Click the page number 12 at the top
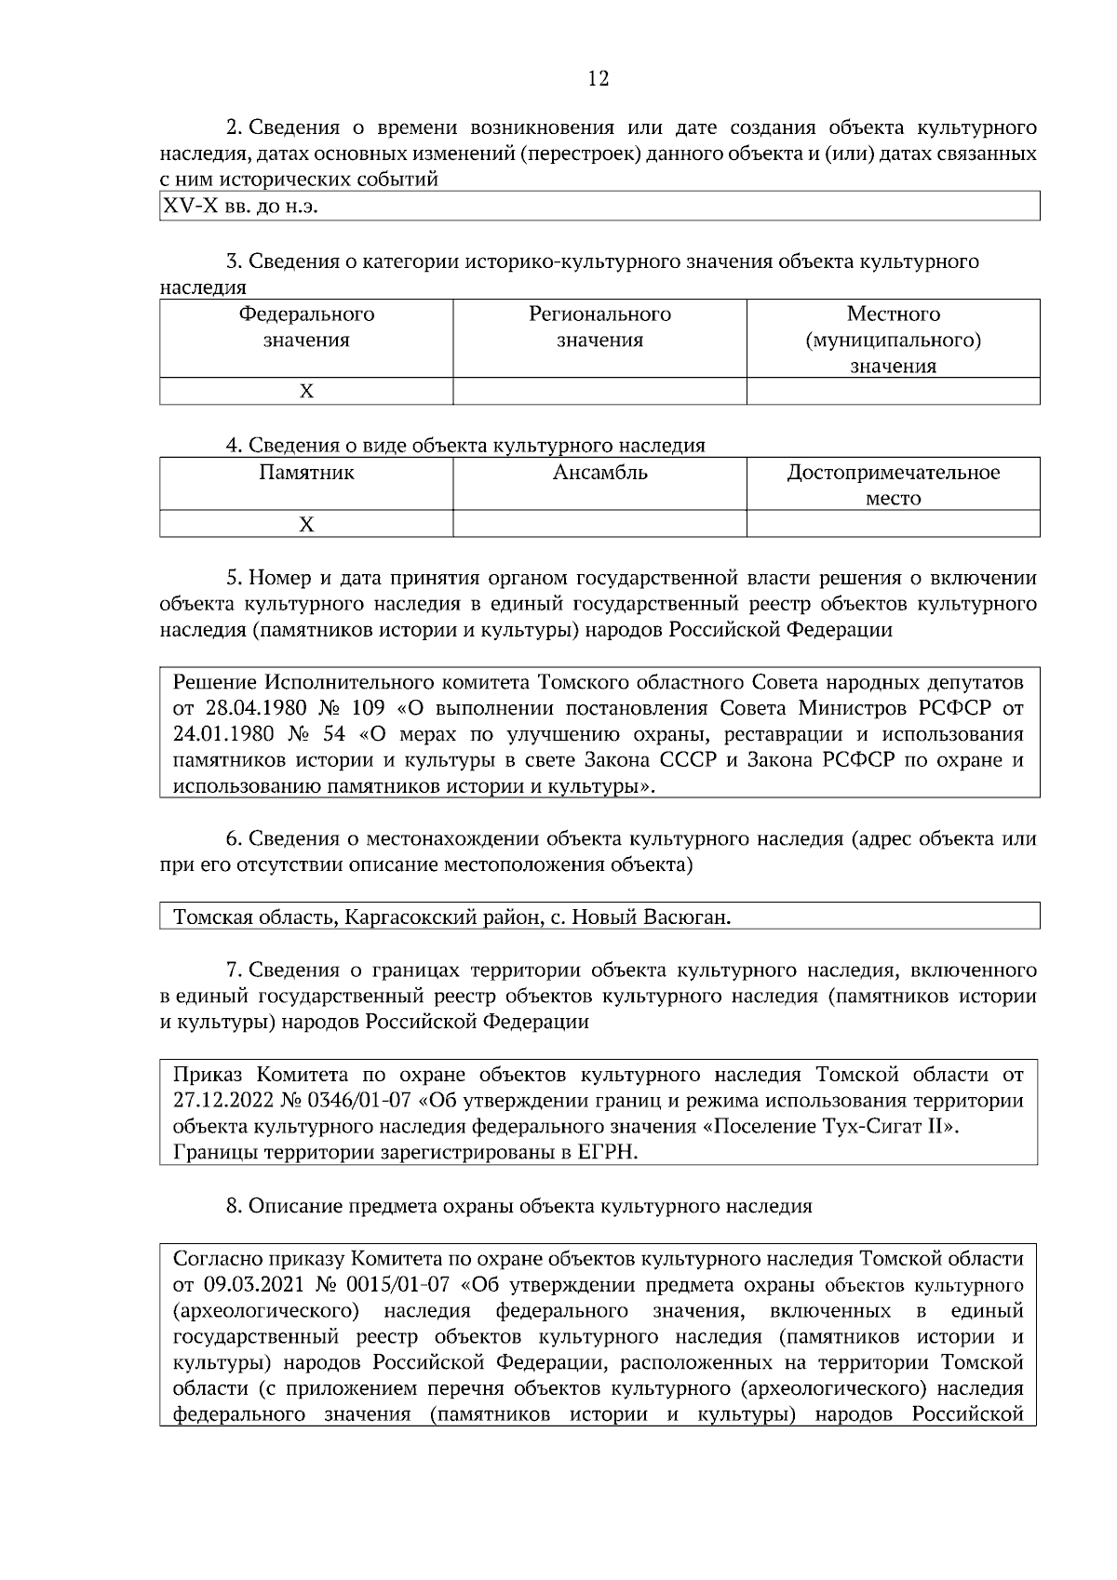click(x=599, y=79)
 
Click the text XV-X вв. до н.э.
click(x=240, y=206)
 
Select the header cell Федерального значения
click(x=306, y=327)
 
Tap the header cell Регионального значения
click(x=599, y=327)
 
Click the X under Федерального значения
click(x=306, y=392)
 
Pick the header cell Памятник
click(x=306, y=472)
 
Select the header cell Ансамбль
click(x=599, y=472)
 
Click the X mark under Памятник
click(x=306, y=525)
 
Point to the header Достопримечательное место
click(x=893, y=485)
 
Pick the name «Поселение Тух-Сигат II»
click(x=828, y=1127)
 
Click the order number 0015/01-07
click(x=397, y=1285)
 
